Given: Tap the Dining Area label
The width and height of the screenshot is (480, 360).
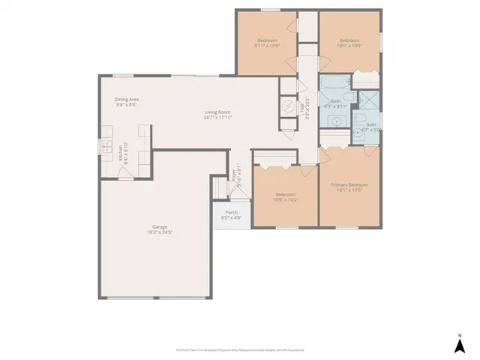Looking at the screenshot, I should pos(126,100).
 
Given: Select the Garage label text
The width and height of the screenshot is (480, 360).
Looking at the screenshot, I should pos(159,226).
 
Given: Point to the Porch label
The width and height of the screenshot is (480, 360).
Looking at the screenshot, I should pos(232,212).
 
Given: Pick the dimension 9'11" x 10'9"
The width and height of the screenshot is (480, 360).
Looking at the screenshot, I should pos(266,46).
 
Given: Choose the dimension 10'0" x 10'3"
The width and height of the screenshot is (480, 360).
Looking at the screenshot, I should pos(349,46).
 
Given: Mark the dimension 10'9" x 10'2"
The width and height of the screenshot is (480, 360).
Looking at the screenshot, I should pos(285,200).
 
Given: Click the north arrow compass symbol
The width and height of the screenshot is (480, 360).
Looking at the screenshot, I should pos(459,344).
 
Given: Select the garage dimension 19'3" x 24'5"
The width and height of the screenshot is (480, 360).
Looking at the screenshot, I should pos(159,232).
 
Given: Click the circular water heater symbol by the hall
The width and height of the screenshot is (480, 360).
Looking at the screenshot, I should pos(288,106).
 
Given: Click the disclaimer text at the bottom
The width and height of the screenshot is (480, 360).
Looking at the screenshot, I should pos(240,350).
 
